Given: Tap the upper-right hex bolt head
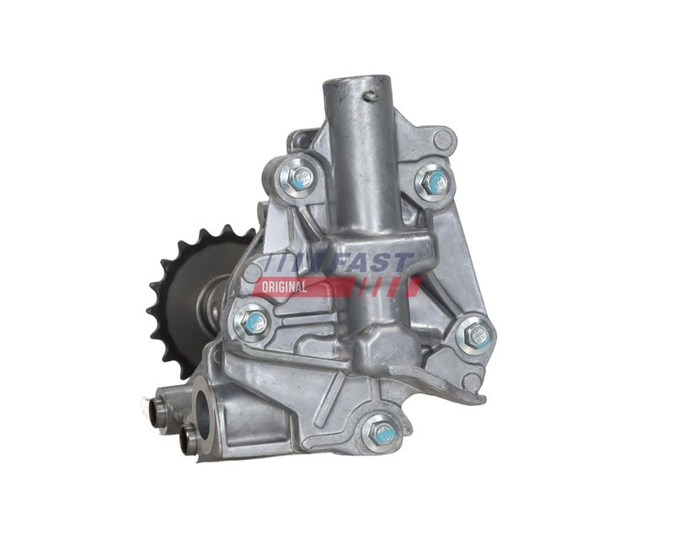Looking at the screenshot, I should coord(436,181).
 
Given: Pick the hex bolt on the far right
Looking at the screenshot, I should coord(475,334).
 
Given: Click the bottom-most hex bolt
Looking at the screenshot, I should coord(381,433).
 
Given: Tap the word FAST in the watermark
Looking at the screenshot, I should coord(375,264).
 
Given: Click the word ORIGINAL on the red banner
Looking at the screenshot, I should coord(284,287).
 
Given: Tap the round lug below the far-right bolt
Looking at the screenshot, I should coord(473,382).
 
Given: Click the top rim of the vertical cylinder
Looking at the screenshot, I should coord(356,81).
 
